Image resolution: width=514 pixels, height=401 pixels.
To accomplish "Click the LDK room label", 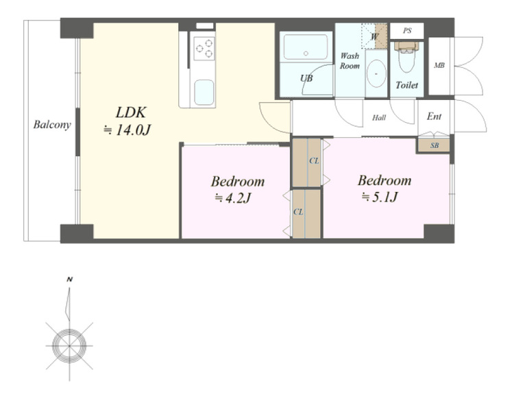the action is (131, 112).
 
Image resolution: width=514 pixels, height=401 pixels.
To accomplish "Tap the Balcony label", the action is (52, 125).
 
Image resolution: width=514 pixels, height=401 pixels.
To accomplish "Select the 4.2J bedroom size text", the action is (233, 197).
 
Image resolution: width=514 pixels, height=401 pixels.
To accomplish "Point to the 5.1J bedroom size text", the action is (380, 197).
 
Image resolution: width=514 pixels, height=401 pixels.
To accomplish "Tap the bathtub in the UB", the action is (306, 47).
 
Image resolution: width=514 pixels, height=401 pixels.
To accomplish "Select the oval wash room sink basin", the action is (376, 73).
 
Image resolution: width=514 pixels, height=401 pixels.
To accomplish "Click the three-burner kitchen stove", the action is (204, 49).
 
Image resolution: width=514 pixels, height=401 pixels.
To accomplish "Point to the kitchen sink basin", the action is (204, 92).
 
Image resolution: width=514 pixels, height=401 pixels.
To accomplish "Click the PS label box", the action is (407, 31).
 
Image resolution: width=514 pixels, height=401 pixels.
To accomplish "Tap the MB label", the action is (439, 66).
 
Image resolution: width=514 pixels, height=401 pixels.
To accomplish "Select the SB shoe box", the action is (435, 145).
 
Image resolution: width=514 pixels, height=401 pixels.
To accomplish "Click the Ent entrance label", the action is (434, 117).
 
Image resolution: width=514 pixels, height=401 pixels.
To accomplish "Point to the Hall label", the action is (379, 118).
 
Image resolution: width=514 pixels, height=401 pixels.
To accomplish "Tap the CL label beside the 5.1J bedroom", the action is (314, 161).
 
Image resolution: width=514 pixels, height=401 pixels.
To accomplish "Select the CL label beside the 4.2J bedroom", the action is (298, 212).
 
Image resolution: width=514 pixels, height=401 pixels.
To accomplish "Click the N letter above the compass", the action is (69, 280).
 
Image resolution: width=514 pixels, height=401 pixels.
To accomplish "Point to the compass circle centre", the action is (69, 346).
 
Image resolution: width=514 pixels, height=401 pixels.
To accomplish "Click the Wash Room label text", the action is (350, 60).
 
